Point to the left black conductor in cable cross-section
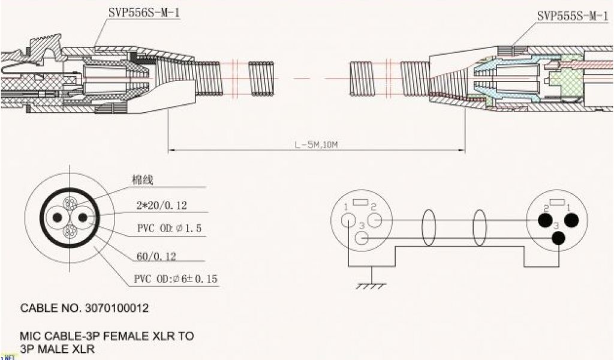tap(58, 217)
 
